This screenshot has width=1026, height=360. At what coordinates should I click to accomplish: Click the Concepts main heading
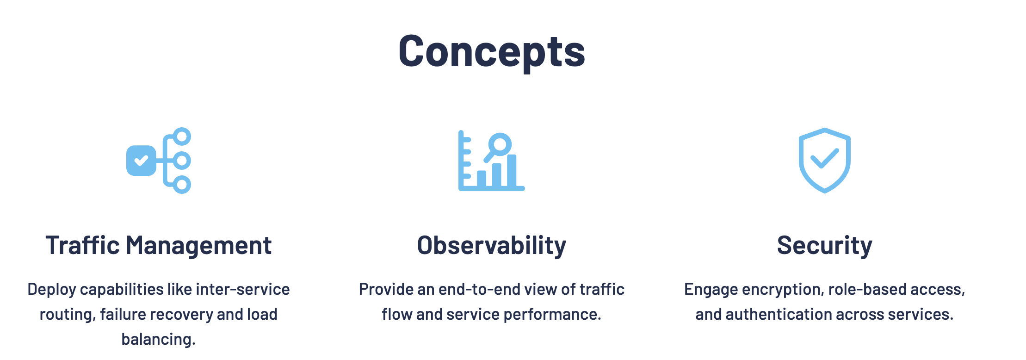coord(492,52)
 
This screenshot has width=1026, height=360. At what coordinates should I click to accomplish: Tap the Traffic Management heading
coord(159,245)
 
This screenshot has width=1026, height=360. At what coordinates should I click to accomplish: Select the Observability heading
coord(492,246)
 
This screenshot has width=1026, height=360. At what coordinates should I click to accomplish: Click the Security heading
coord(825,246)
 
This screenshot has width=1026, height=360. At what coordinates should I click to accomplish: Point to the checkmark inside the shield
coord(825,158)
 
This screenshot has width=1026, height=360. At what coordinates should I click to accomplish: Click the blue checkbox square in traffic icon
coord(141,161)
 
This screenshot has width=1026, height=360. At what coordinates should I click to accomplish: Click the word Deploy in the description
coord(51,290)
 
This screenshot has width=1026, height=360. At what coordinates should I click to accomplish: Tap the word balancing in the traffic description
coord(159,339)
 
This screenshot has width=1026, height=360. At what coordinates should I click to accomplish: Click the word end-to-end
coord(479,289)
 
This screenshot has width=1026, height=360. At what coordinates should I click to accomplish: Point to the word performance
coord(552,314)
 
